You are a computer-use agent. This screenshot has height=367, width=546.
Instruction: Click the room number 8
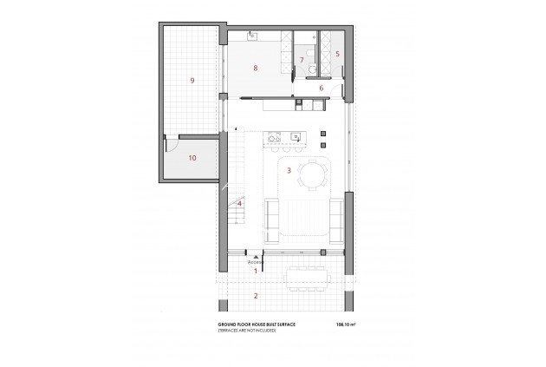[x=256, y=67]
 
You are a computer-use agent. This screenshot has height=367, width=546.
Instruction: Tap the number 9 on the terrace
[x=192, y=81]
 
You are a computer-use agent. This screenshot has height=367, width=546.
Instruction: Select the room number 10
[x=192, y=158]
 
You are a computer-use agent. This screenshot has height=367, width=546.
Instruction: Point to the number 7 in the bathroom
[x=301, y=60]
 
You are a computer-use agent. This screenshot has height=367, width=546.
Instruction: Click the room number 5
[x=338, y=54]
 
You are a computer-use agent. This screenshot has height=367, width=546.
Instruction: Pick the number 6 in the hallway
[x=321, y=88]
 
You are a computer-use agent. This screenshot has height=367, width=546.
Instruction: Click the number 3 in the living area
[x=289, y=170]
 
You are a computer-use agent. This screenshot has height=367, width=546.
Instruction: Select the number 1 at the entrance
[x=256, y=271]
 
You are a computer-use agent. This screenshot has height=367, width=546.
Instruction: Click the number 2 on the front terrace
[x=255, y=296]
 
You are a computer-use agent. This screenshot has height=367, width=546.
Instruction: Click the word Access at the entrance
[x=254, y=261]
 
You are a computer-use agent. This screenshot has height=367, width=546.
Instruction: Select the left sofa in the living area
[x=270, y=219]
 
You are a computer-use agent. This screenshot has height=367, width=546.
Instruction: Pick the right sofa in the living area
[x=339, y=217]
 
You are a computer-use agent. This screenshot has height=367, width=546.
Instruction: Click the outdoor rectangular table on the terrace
[x=307, y=277]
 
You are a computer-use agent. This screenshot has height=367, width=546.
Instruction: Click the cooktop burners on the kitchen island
[x=275, y=136]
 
